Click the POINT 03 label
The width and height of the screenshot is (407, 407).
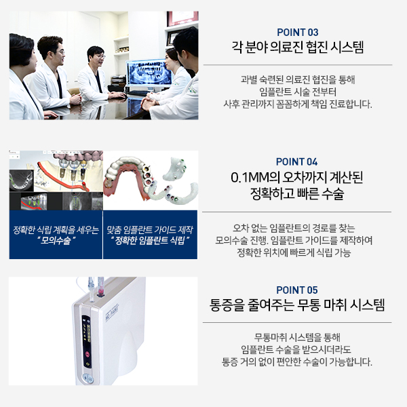(x=298, y=32)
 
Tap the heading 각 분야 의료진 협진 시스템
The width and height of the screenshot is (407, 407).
(x=298, y=48)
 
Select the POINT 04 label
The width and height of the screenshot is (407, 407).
(x=298, y=161)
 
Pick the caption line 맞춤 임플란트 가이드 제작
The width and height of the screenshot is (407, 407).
(x=150, y=230)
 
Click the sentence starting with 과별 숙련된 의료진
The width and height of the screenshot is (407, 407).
(x=298, y=79)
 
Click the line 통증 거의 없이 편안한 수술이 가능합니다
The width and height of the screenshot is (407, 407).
(x=298, y=362)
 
